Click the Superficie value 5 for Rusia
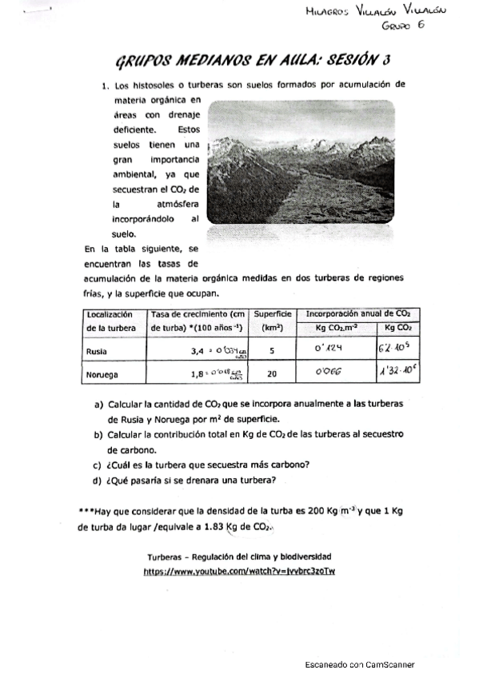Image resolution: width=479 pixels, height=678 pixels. click(272, 350)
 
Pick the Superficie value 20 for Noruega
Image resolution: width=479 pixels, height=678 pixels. click(272, 373)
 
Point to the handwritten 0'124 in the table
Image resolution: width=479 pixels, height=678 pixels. click(329, 349)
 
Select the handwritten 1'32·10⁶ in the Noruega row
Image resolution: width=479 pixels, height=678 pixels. click(397, 372)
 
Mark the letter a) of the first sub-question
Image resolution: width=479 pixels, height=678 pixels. click(98, 405)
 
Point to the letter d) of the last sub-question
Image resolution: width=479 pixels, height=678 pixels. click(98, 480)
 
